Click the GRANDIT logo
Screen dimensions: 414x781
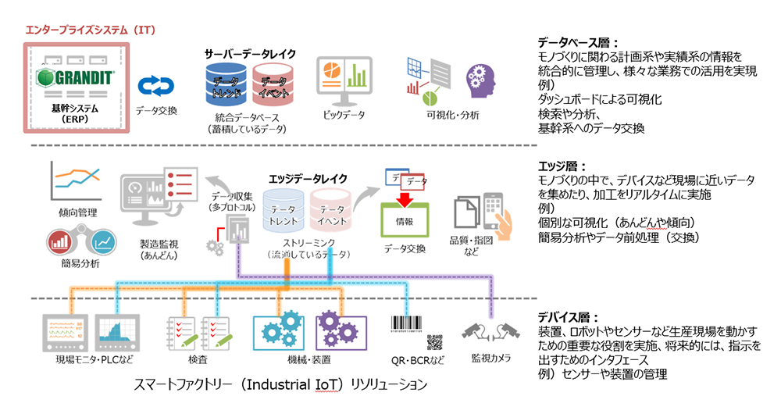click(77, 77)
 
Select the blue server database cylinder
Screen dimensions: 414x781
click(226, 85)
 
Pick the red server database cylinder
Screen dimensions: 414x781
click(273, 85)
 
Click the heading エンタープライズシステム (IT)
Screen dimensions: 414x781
click(91, 30)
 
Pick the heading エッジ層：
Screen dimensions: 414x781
click(560, 166)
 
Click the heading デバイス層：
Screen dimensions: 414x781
click(567, 318)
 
